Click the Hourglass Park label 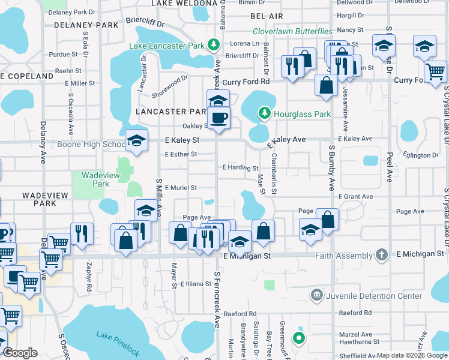pos(302,113)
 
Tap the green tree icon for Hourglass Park pos(264,113)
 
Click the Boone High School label pos(91,144)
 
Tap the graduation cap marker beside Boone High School pos(136,141)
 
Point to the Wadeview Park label pos(92,179)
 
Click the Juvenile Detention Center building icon pos(316,296)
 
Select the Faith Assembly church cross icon pos(379,254)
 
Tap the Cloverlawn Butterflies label pos(292,31)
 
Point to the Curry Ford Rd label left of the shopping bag pos(246,82)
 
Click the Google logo pos(20,353)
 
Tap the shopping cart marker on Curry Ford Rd pos(435,71)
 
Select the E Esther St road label pos(181,154)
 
